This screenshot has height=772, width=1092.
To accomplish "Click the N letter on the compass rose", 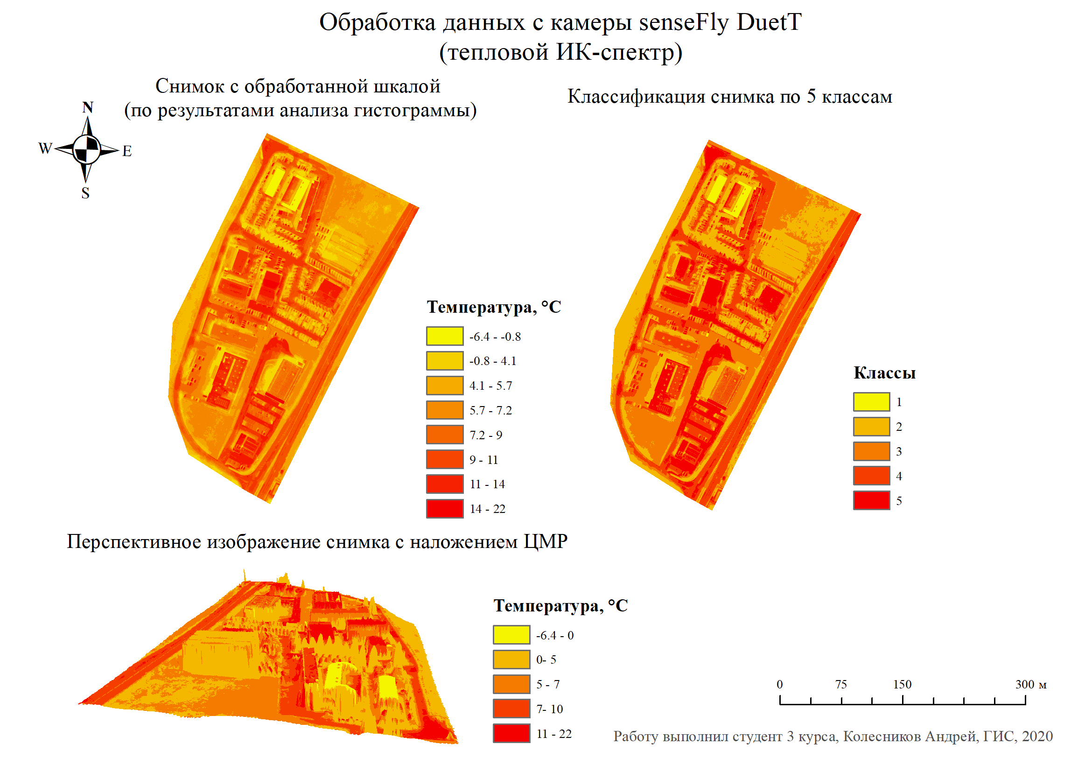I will [88, 107].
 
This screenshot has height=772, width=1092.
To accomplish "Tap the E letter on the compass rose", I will [127, 151].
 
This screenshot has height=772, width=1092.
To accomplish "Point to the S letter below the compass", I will [85, 193].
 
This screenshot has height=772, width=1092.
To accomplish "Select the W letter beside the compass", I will [45, 148].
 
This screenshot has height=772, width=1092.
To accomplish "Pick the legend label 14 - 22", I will [488, 509].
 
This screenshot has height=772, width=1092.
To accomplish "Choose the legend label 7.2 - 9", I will [486, 435].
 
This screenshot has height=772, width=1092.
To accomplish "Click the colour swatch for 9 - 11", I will [445, 459].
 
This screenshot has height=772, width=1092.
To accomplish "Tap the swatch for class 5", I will [871, 500].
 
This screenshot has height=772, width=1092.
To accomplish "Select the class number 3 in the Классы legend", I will [899, 451].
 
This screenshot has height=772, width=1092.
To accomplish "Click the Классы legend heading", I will [884, 373].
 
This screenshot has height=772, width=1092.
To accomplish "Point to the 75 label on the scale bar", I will [841, 684].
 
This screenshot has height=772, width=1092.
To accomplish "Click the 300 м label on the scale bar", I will [1031, 684].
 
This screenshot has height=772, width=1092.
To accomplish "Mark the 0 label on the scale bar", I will [779, 684].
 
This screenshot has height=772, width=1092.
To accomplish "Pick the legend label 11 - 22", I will [553, 734].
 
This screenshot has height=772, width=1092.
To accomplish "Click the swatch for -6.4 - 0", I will [511, 635].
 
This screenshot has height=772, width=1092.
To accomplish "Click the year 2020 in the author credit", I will [1037, 737].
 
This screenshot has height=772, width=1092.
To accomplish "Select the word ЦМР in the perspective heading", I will [546, 542].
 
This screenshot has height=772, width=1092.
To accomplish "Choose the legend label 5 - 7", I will [548, 684].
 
